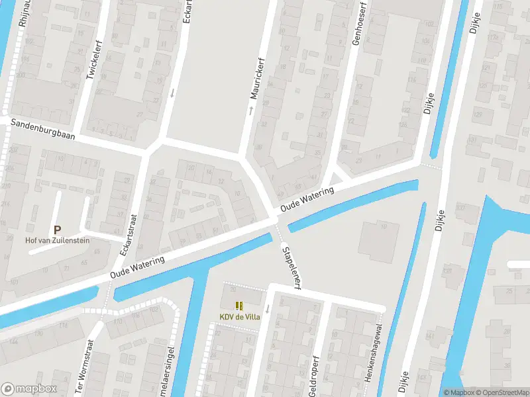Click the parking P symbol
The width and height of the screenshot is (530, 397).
57,228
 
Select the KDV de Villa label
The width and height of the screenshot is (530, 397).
240,317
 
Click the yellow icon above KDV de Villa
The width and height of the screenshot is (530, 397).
240,306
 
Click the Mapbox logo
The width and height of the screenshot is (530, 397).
29,389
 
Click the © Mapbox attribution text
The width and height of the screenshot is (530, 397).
458,392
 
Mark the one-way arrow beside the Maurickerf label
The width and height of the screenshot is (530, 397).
251,110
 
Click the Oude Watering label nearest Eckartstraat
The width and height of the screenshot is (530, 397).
138,268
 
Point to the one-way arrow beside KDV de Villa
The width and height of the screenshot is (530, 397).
268,309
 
